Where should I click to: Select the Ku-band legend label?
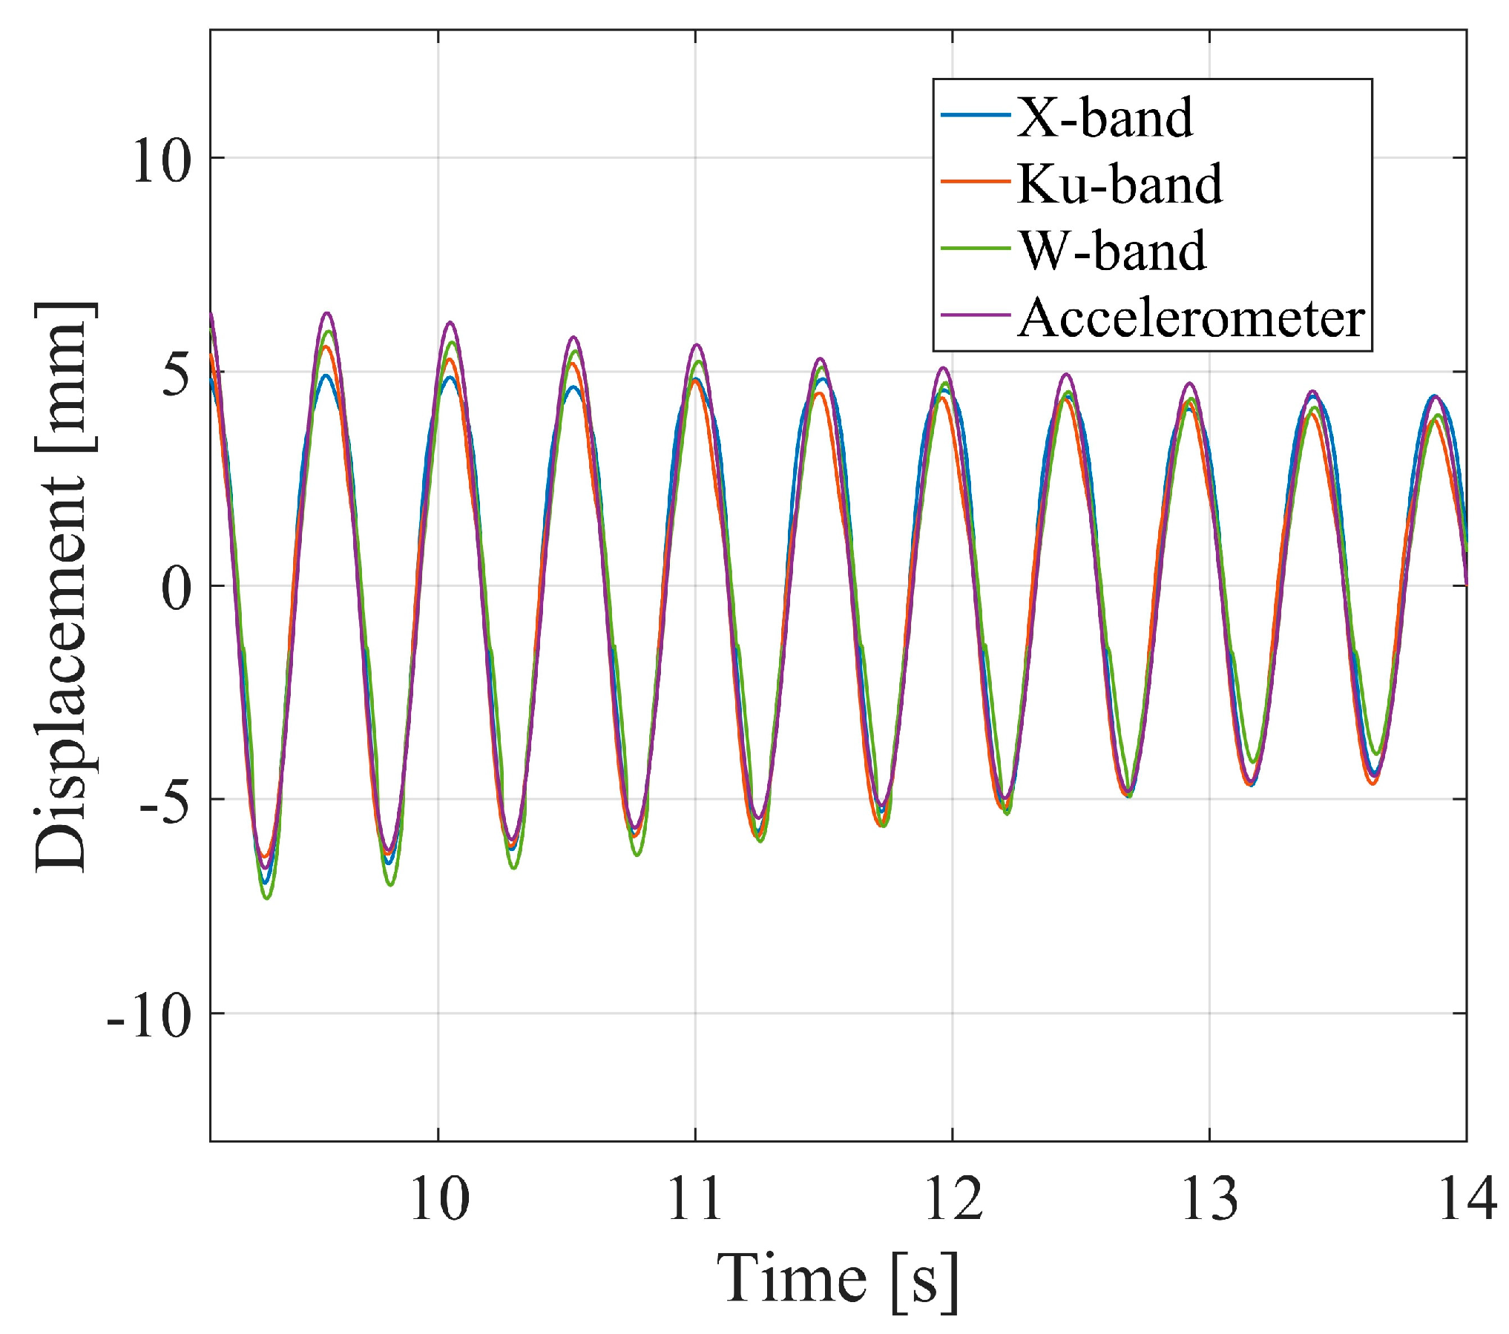(1119, 184)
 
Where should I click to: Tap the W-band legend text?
(1112, 251)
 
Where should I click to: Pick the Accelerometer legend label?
(1191, 318)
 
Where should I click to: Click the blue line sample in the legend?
(975, 115)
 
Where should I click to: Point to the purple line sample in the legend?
(975, 315)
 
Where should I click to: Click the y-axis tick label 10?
(161, 160)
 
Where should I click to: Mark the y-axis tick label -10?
(148, 1015)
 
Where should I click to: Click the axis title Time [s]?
(838, 1278)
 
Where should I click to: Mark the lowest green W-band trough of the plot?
(267, 898)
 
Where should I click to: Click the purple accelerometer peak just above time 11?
(697, 345)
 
